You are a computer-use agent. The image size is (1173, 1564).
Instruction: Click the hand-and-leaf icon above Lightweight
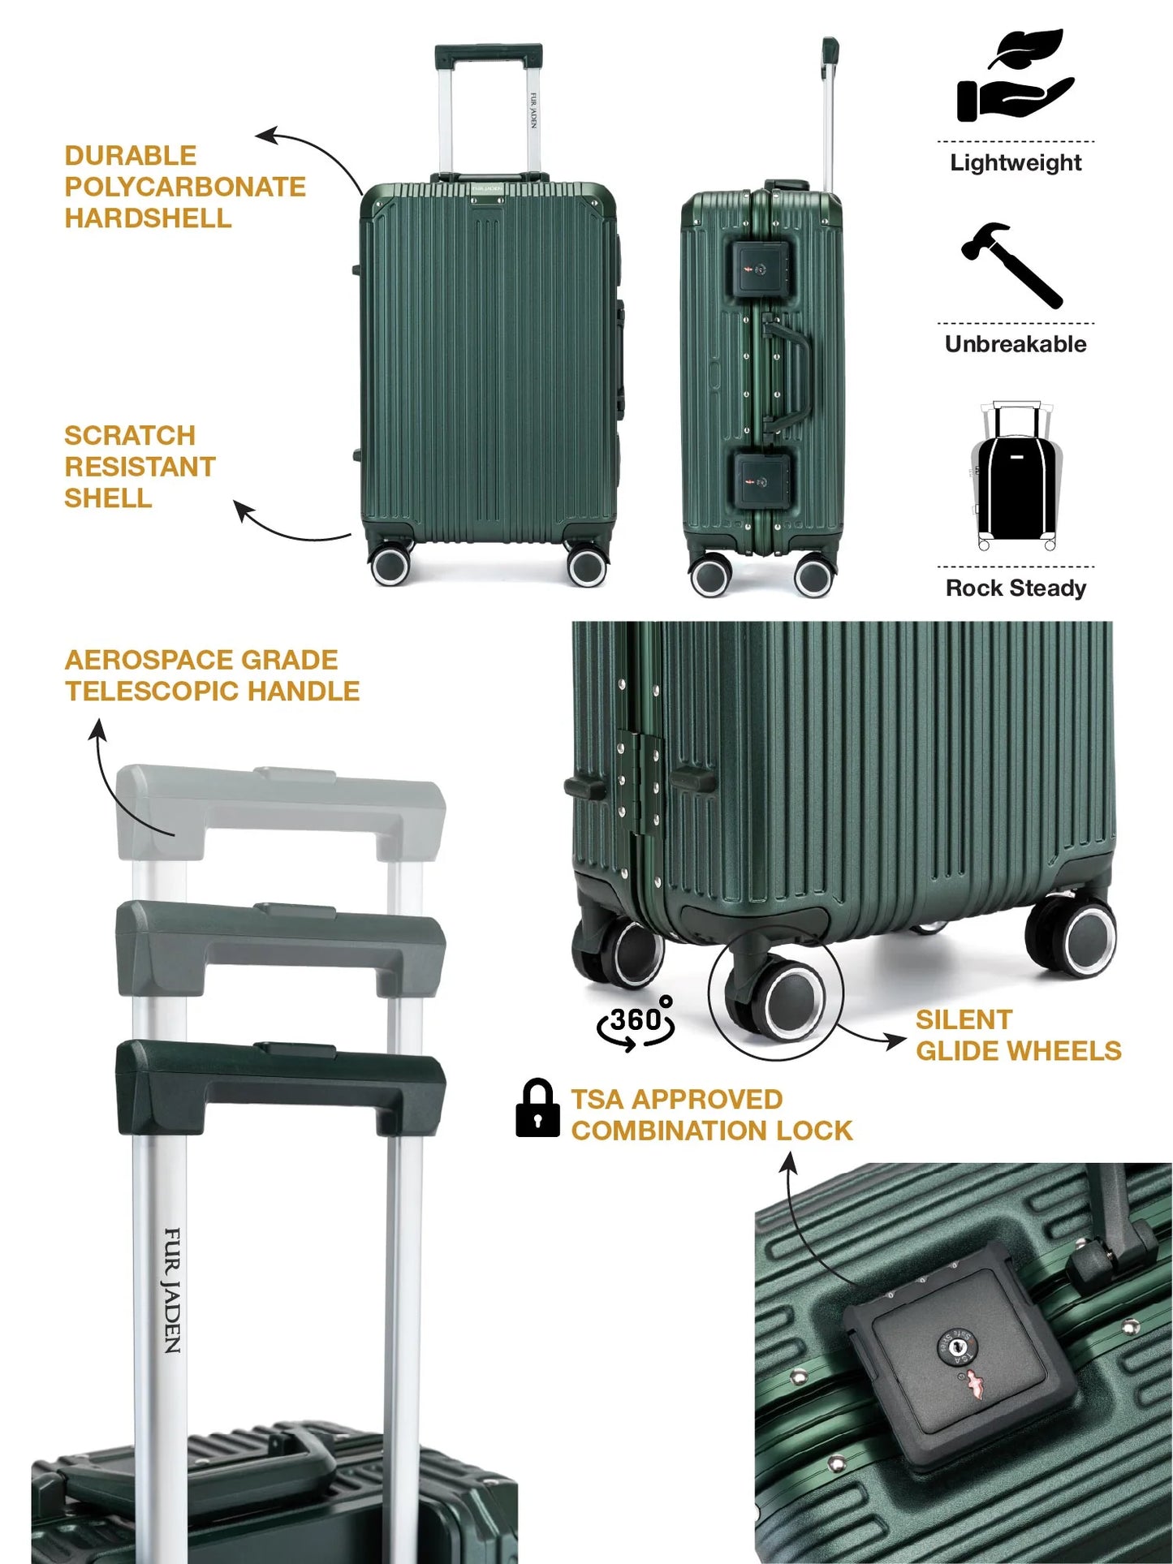[x=1015, y=77]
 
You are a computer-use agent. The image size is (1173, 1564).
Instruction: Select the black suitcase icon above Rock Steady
[x=1016, y=476]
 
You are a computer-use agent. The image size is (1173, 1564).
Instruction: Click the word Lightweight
[x=1016, y=162]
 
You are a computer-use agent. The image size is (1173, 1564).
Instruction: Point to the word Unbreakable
[x=1016, y=344]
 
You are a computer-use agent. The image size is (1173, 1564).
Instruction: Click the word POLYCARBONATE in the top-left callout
[x=185, y=187]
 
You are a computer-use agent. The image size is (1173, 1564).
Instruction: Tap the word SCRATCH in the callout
[x=130, y=435]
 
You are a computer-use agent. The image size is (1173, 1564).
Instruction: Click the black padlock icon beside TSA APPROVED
[x=537, y=1107]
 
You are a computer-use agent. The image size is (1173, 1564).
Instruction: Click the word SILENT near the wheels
[x=964, y=1019]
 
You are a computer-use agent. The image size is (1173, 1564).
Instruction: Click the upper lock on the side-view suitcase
[x=763, y=269]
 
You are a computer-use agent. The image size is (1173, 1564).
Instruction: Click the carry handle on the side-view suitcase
[x=787, y=374]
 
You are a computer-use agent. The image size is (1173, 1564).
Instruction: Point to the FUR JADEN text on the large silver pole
[x=173, y=1290]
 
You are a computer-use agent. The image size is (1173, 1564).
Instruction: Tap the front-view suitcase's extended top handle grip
[x=489, y=56]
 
